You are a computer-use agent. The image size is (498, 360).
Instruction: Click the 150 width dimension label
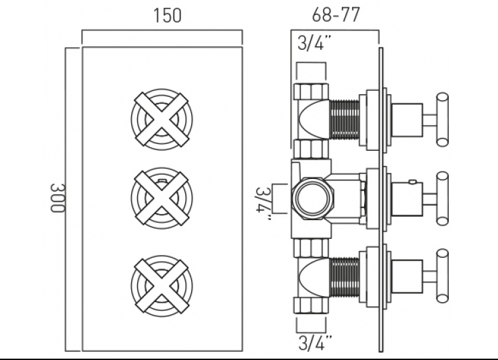point(168,15)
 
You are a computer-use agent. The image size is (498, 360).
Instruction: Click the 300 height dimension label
point(57,197)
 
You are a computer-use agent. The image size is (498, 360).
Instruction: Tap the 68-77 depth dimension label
point(336,14)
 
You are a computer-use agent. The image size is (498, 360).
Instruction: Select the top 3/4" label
point(314,43)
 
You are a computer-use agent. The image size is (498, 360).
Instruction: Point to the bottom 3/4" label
point(315,343)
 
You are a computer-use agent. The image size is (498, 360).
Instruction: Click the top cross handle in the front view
point(162,120)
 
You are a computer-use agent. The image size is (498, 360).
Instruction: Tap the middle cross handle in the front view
point(162,199)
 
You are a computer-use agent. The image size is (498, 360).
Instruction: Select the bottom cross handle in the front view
point(162,285)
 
